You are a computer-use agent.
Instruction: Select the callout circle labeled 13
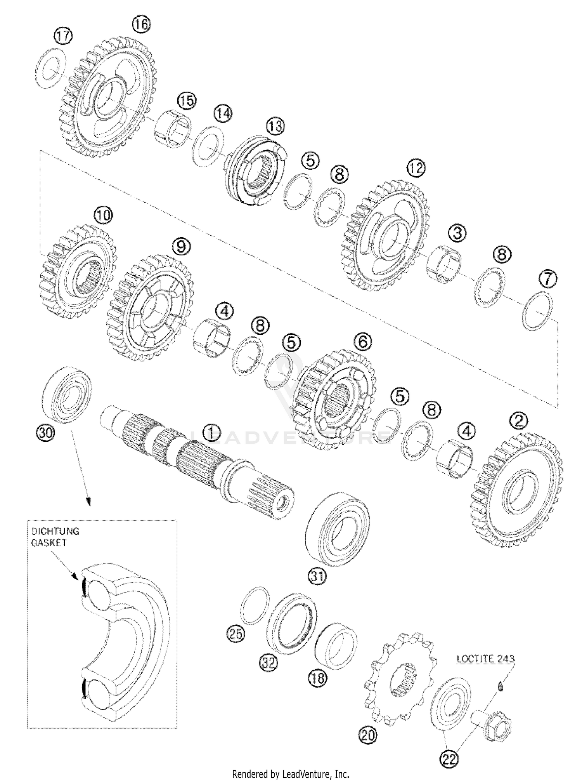tap(275, 127)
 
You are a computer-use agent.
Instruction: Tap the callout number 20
tap(368, 735)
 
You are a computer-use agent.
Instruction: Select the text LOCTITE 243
tap(485, 659)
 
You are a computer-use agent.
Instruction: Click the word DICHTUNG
tap(55, 531)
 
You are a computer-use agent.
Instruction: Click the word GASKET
tap(49, 543)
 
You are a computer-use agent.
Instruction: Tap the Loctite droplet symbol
tap(501, 687)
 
